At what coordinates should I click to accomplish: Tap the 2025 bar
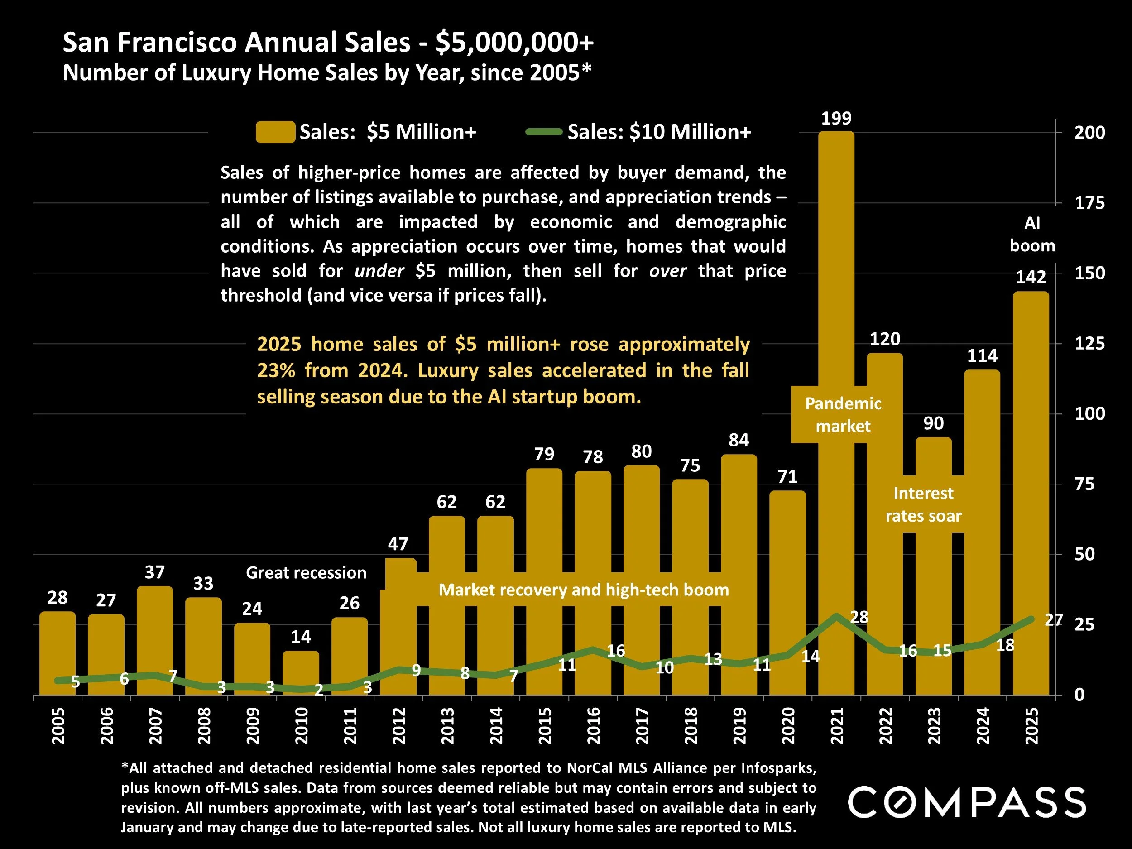pyautogui.click(x=1031, y=460)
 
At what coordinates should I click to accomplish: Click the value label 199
pyautogui.click(x=836, y=119)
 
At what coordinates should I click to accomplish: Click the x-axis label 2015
pyautogui.click(x=545, y=726)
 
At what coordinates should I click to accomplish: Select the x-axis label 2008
pyautogui.click(x=204, y=726)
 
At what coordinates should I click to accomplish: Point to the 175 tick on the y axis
pyautogui.click(x=1089, y=203)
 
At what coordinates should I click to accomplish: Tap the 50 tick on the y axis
pyautogui.click(x=1084, y=554)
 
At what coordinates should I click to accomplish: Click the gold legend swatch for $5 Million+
pyautogui.click(x=275, y=132)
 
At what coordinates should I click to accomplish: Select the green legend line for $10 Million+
pyautogui.click(x=544, y=132)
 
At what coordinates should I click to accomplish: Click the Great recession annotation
pyautogui.click(x=306, y=573)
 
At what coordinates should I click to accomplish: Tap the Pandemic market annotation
pyautogui.click(x=843, y=414)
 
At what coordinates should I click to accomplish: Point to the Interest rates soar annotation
pyautogui.click(x=923, y=504)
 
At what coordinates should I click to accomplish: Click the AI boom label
pyautogui.click(x=1031, y=235)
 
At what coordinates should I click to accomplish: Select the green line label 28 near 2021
pyautogui.click(x=859, y=617)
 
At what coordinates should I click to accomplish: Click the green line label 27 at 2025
pyautogui.click(x=1053, y=620)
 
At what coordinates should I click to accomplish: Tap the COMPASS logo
pyautogui.click(x=966, y=802)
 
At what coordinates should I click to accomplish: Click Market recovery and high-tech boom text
pyautogui.click(x=583, y=590)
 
